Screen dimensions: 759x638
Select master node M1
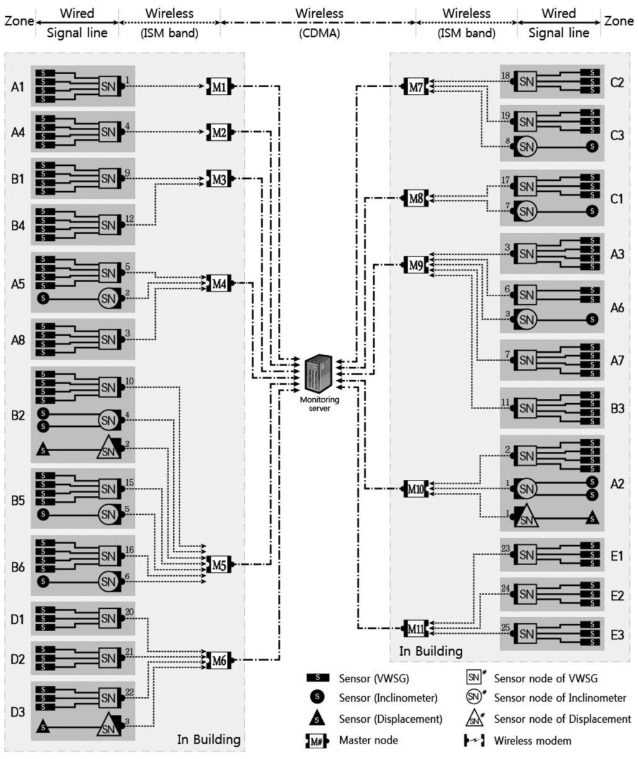point(219,87)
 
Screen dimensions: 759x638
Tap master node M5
point(219,565)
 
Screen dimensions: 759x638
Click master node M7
point(416,87)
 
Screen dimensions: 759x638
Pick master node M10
point(416,489)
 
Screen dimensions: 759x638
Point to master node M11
point(416,629)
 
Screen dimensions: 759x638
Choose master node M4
point(219,284)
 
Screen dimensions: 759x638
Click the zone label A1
point(17,87)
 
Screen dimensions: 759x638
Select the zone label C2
point(617,82)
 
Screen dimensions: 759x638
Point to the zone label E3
point(617,635)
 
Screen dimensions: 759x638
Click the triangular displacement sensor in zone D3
point(43,725)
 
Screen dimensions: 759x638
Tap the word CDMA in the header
point(319,33)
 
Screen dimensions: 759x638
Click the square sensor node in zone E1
point(526,555)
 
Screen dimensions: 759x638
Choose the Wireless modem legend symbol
point(474,741)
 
